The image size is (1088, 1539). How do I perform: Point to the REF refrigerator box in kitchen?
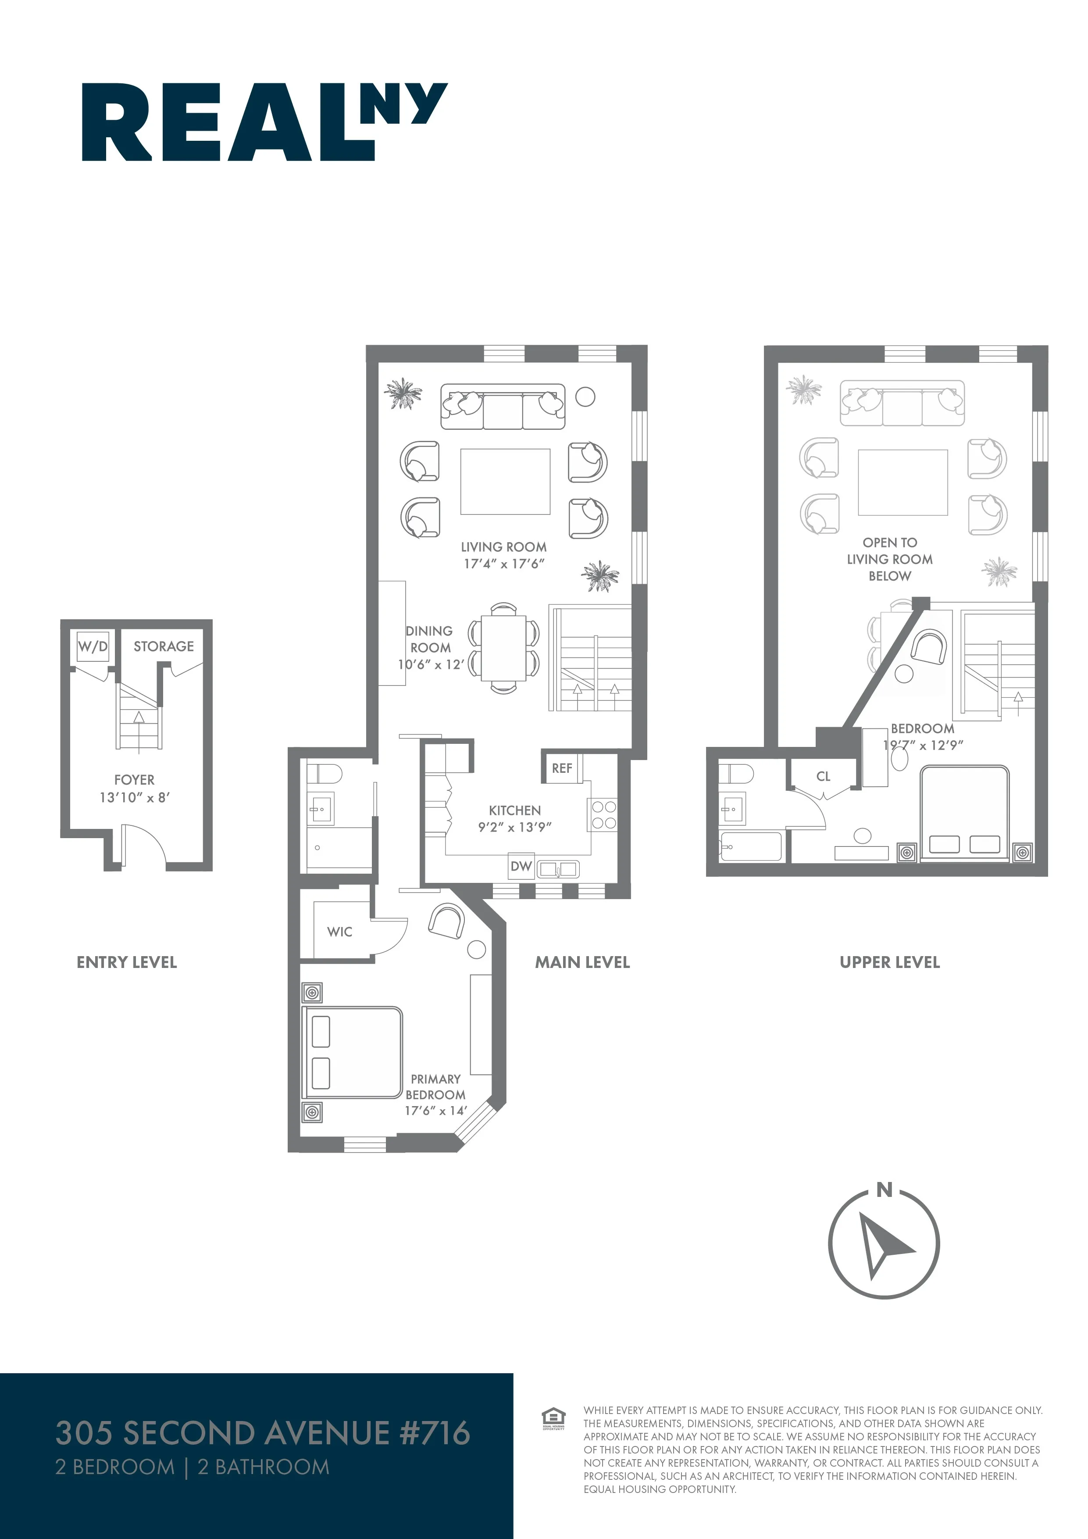562,768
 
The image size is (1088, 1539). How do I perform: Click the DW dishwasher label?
521,867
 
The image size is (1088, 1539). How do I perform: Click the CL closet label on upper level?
823,777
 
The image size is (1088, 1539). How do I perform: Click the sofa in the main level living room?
503,407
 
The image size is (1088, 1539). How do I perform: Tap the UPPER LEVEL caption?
890,963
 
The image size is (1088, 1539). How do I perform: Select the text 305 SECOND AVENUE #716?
263,1433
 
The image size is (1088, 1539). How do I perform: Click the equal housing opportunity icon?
553,1419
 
